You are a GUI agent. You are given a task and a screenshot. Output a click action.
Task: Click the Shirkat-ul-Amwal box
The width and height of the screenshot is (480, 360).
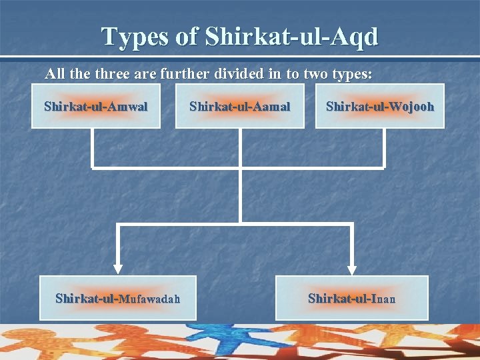click(96, 106)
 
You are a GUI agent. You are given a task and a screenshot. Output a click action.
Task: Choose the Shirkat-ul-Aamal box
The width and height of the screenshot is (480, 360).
click(239, 106)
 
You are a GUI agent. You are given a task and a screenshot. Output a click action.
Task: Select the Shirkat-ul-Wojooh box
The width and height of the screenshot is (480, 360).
click(379, 106)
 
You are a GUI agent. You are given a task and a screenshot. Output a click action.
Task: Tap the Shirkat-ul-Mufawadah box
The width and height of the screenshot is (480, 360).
click(118, 298)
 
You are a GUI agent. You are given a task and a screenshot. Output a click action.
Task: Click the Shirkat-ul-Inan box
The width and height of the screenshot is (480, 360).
click(352, 298)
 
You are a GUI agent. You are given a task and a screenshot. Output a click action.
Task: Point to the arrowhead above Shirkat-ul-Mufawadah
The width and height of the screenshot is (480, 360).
click(118, 268)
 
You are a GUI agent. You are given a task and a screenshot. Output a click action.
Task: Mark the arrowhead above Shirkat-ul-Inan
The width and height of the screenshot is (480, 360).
click(351, 268)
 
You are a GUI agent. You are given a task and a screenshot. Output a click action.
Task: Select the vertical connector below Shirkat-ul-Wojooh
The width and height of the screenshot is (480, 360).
click(384, 148)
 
